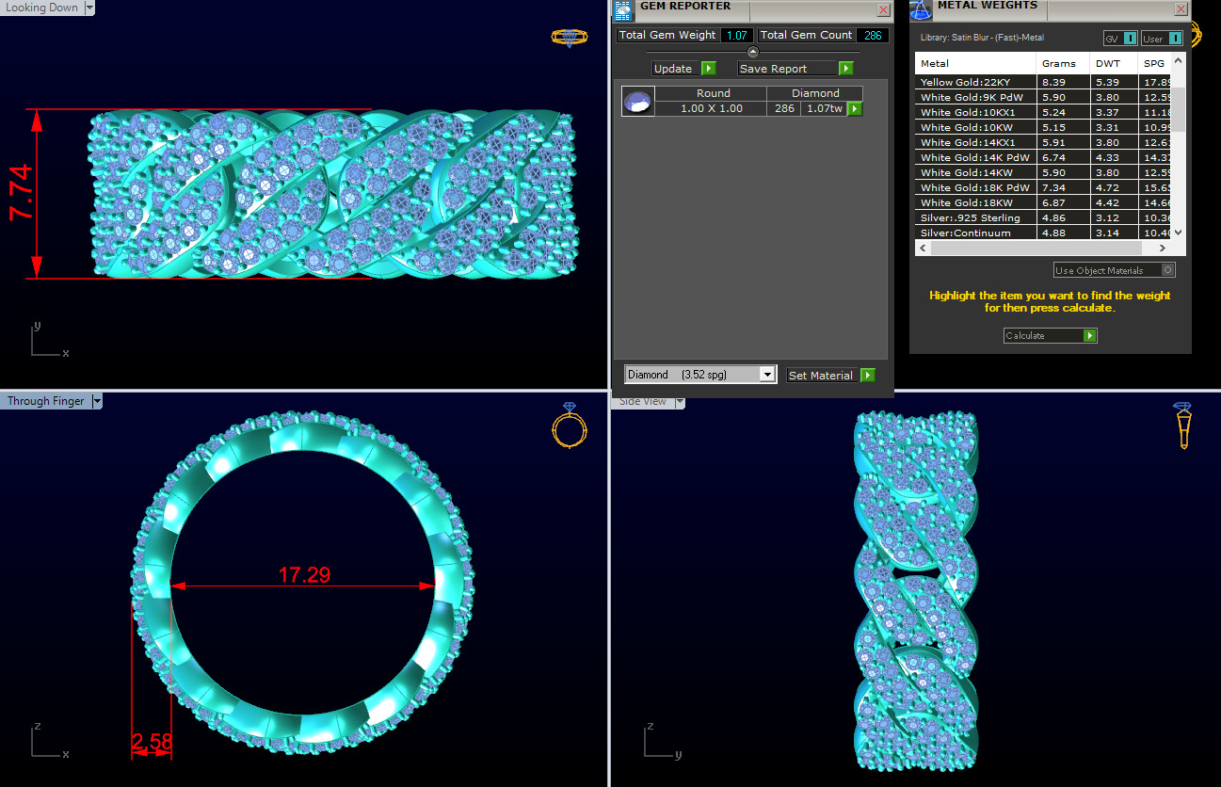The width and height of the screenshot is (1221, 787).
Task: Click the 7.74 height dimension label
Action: pyautogui.click(x=22, y=193)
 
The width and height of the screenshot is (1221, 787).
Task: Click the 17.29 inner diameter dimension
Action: pyautogui.click(x=304, y=574)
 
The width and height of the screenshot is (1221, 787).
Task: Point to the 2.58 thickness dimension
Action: pyautogui.click(x=152, y=743)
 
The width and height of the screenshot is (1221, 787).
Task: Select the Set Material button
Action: pyautogui.click(x=829, y=375)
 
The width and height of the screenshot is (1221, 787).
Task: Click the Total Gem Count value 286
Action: pyautogui.click(x=873, y=35)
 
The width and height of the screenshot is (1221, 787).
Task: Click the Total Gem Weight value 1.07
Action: pyautogui.click(x=737, y=35)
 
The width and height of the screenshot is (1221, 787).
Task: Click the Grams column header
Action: pyautogui.click(x=1059, y=64)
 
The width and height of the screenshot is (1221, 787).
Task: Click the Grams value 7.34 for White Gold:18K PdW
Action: pyautogui.click(x=1054, y=187)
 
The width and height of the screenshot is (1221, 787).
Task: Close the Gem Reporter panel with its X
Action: pyautogui.click(x=883, y=9)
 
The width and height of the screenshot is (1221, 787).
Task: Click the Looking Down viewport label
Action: pyautogui.click(x=42, y=8)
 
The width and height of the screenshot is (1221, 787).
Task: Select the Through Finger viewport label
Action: pyautogui.click(x=46, y=401)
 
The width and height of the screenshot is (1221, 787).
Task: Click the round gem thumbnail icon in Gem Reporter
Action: pyautogui.click(x=638, y=102)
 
